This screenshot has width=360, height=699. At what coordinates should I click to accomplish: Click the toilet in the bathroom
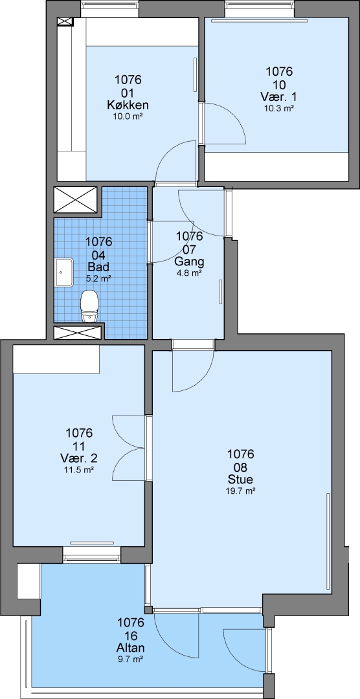[89, 305]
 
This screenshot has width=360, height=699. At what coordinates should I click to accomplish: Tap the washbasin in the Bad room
[64, 272]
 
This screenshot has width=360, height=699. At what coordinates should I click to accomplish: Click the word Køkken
[128, 105]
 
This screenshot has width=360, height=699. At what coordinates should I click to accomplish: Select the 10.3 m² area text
[280, 107]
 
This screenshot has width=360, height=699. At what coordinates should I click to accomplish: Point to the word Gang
[190, 261]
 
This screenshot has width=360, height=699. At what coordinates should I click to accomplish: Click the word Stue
[240, 480]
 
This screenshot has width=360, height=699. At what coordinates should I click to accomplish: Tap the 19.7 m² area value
[240, 491]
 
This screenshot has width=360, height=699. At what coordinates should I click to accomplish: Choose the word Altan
[131, 648]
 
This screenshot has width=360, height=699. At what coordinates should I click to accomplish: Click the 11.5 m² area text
[79, 469]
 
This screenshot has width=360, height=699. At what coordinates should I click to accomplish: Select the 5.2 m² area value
[98, 278]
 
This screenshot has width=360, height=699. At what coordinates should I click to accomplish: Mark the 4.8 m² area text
[190, 273]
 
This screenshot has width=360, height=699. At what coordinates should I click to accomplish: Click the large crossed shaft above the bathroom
[75, 200]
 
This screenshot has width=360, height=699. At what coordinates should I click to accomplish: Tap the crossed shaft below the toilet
[78, 333]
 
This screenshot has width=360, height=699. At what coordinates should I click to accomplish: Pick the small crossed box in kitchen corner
[65, 21]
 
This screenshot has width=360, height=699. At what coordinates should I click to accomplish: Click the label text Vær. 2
[79, 458]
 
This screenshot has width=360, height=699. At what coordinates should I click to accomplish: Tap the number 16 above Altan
[131, 635]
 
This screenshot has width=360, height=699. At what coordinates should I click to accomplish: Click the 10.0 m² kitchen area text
[128, 116]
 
